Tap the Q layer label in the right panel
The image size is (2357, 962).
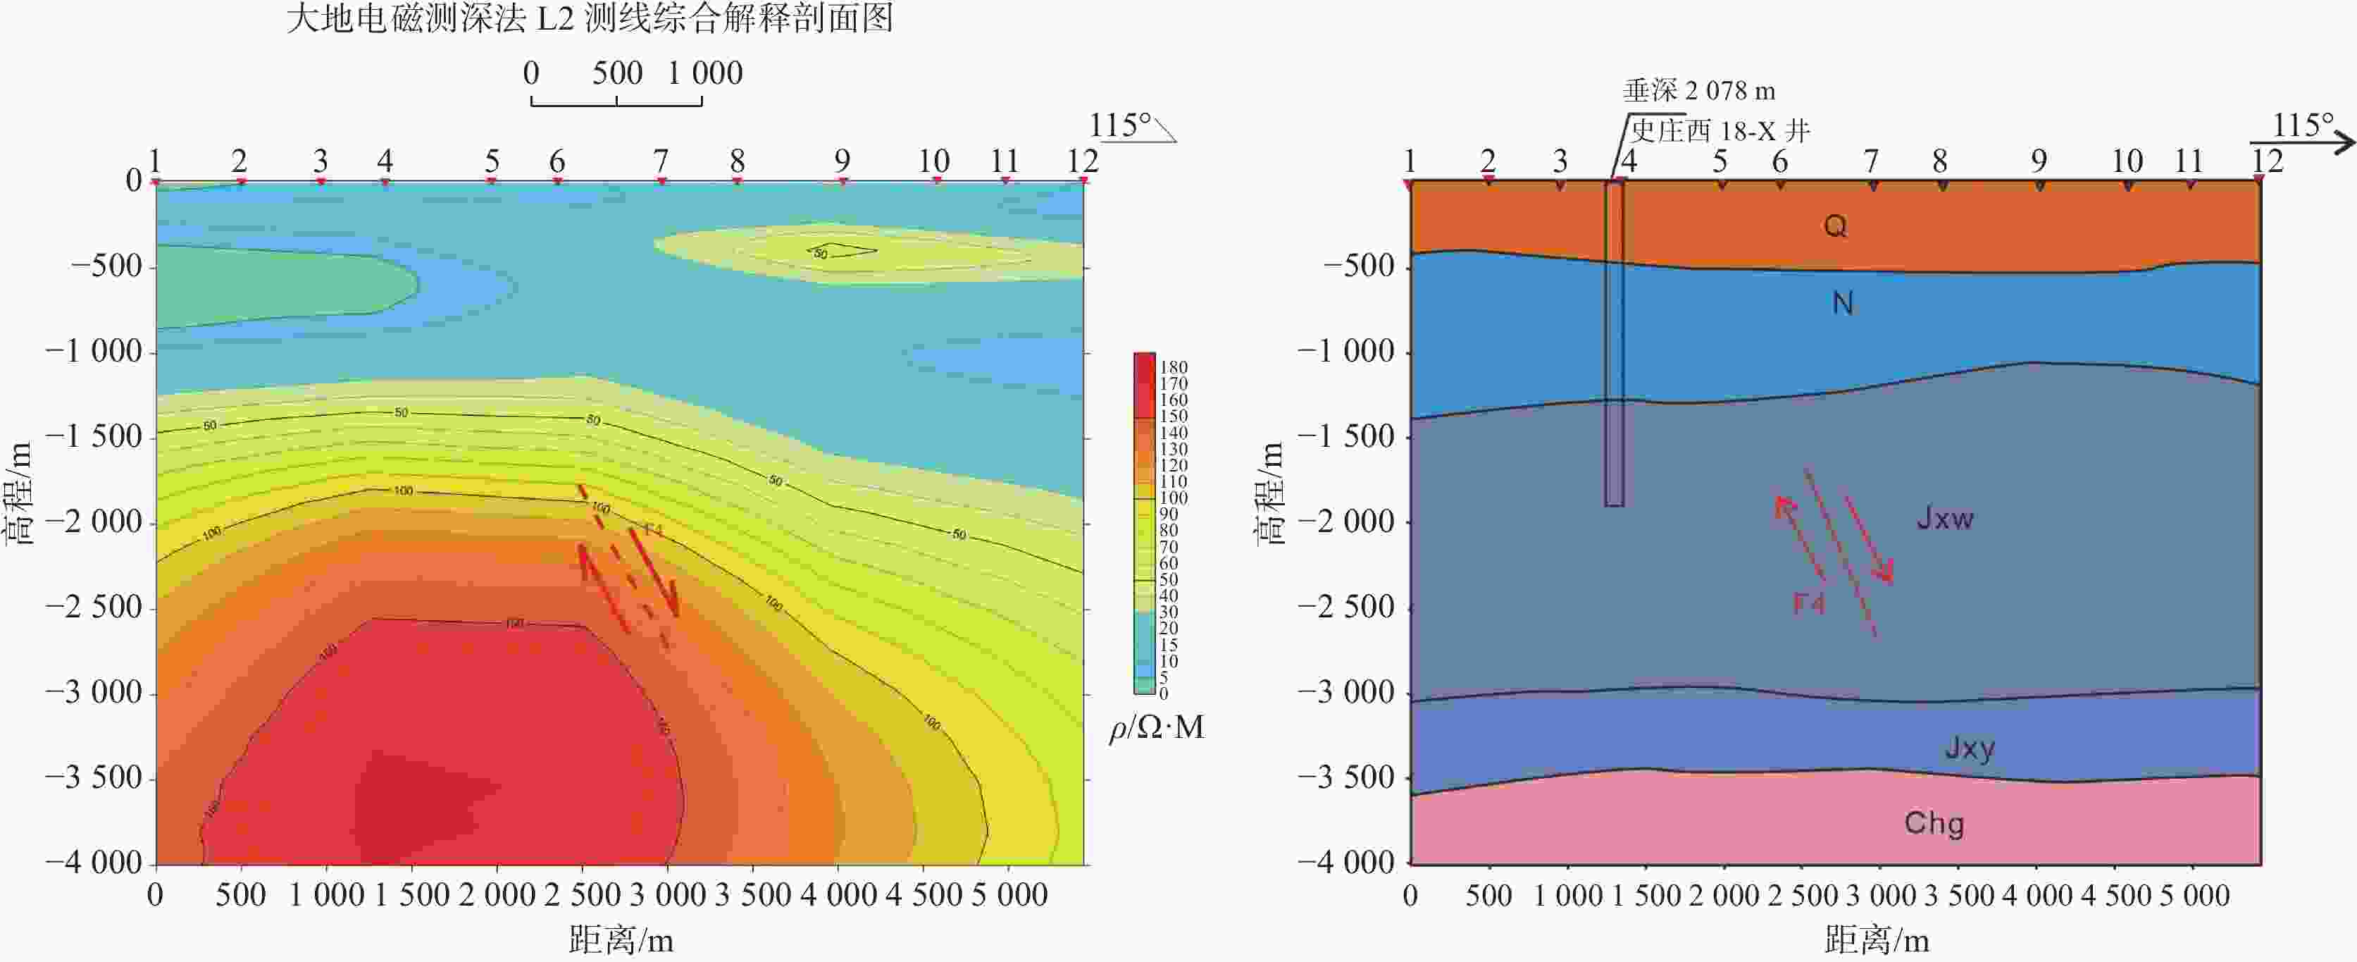pos(1834,225)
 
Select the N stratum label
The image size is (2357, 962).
pos(1842,303)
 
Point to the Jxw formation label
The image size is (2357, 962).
pos(1944,518)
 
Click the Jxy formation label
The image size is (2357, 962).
pos(1969,748)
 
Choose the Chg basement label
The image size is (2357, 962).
pos(1934,823)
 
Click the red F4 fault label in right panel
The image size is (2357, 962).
pos(1808,603)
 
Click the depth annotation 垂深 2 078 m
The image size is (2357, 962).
pos(1699,91)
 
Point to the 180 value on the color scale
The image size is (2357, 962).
pos(1173,367)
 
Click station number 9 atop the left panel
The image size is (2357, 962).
pos(842,161)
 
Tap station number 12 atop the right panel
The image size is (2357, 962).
pos(2268,161)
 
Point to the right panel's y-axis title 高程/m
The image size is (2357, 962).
pos(1271,494)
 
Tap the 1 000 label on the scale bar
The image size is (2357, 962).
pos(704,73)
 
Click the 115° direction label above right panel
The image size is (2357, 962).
pos(2303,125)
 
